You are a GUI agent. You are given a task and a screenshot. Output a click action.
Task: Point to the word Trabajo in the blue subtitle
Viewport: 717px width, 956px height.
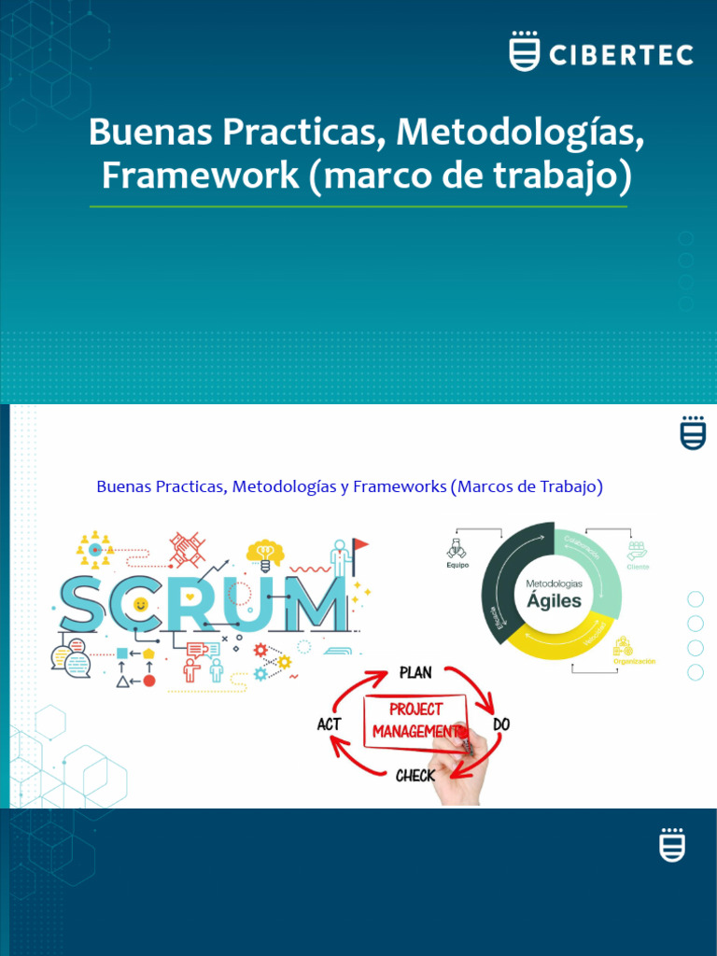(568, 486)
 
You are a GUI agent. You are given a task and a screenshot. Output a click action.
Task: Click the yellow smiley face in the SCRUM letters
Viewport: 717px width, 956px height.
(140, 604)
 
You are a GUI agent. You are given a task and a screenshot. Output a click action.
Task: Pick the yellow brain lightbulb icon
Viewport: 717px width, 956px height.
(265, 555)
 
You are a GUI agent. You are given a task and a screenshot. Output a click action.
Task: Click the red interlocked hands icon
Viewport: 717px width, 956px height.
(187, 550)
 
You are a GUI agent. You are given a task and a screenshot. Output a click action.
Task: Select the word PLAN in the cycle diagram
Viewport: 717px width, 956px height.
(415, 672)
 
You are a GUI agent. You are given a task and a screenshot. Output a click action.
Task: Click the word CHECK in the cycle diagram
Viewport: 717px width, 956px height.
(415, 775)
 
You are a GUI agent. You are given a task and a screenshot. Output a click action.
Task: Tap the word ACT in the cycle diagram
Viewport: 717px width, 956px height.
(329, 724)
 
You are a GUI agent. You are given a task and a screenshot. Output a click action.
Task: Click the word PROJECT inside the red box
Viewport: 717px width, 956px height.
(415, 710)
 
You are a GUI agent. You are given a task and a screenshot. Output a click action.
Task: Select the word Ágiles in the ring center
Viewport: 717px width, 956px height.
(554, 601)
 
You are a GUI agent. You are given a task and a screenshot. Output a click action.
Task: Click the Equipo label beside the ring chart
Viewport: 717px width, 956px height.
(457, 566)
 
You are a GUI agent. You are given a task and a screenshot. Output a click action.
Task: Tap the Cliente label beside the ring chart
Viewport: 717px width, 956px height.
(639, 567)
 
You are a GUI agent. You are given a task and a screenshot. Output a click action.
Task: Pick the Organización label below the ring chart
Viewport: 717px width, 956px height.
(634, 661)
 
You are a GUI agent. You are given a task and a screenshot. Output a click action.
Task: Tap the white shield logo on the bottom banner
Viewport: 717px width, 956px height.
(671, 845)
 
